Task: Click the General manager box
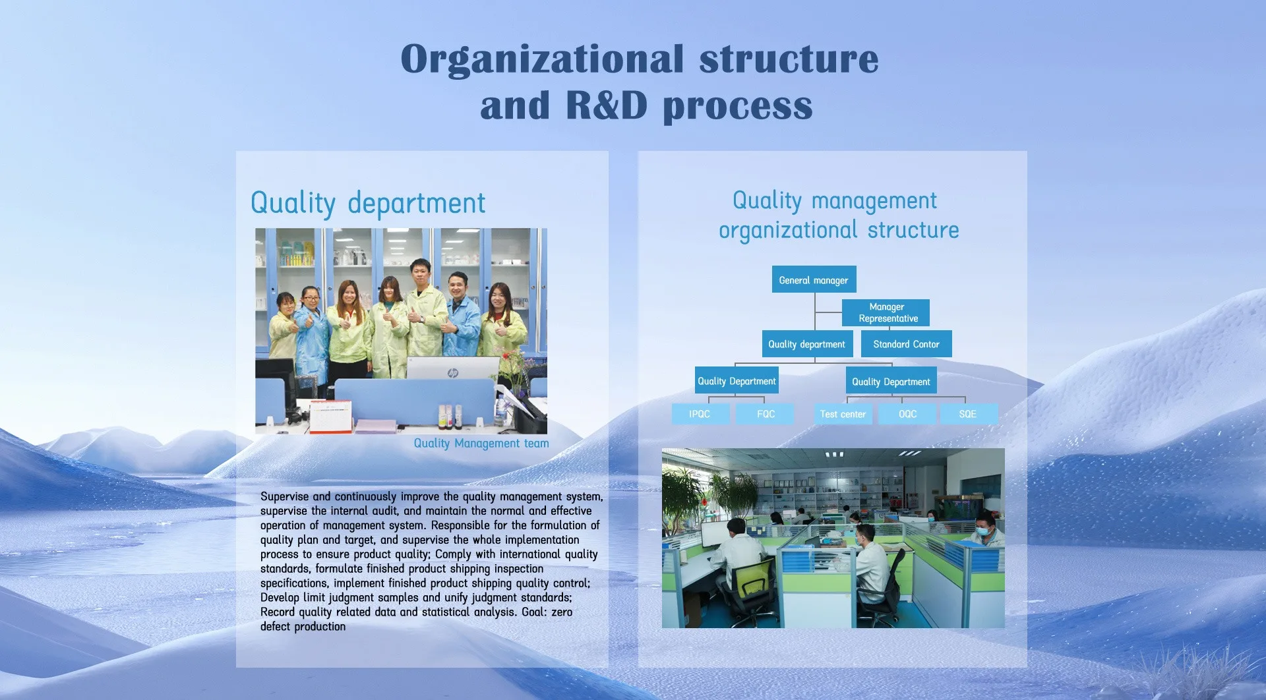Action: pos(814,279)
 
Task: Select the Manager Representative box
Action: pos(886,312)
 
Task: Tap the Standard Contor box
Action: pos(906,344)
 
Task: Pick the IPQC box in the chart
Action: pos(700,414)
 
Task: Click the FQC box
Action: pos(766,414)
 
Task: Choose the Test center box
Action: pos(843,414)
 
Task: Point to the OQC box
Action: pos(907,414)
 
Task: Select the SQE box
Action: pos(968,414)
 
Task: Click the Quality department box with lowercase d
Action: pos(808,344)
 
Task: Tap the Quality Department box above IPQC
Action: pos(737,380)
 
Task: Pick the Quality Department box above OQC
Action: pos(891,381)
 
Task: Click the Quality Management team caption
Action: pos(481,444)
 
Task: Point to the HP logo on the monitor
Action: pos(453,373)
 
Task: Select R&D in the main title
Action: pos(607,105)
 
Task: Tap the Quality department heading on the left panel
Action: pos(368,204)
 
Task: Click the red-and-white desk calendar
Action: pos(330,417)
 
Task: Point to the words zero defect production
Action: pos(416,619)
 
